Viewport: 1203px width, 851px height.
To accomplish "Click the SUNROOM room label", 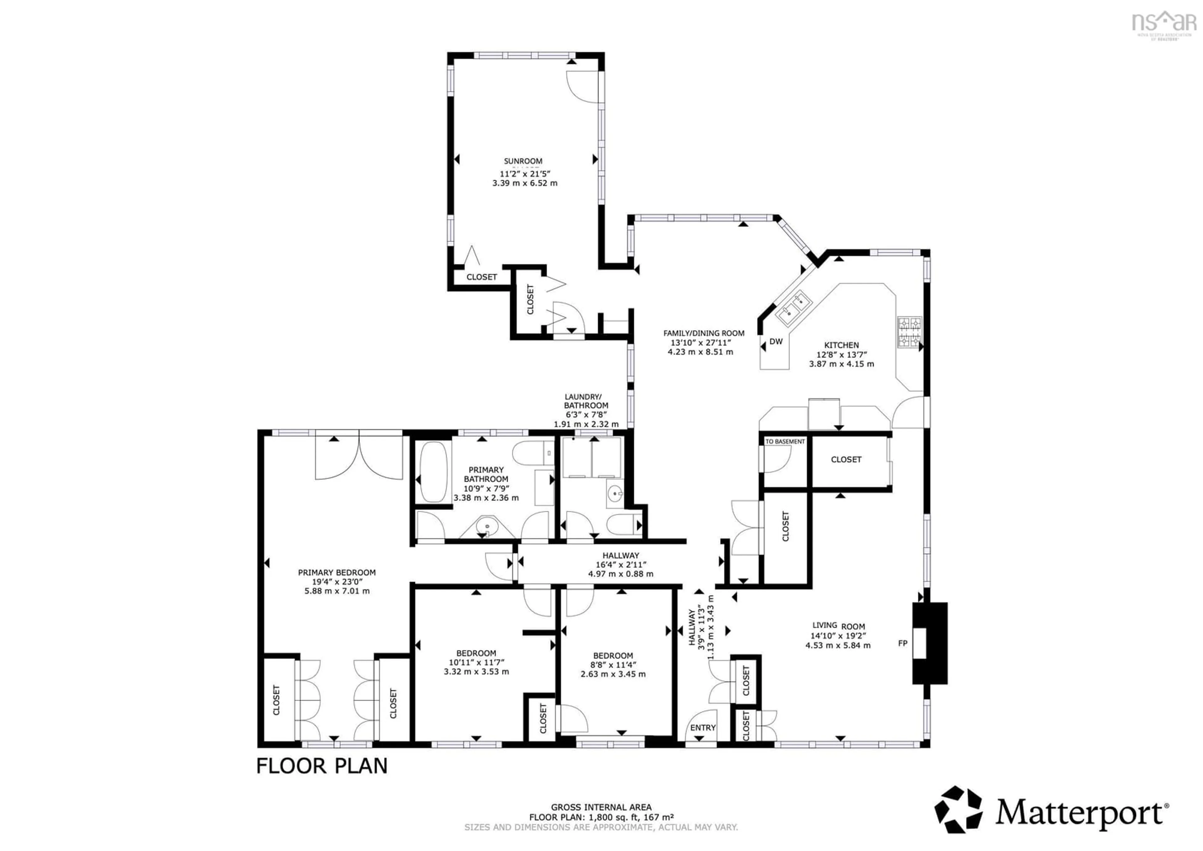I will click(523, 161).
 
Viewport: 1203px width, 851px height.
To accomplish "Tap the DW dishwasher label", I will click(776, 341).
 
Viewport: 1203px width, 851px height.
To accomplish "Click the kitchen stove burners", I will click(910, 332).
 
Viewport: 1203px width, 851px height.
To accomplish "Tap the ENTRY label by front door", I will click(703, 728).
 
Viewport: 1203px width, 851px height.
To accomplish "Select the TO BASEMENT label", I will click(785, 441).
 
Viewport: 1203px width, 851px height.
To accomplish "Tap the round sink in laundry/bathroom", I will click(615, 493).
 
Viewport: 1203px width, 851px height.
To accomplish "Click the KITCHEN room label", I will click(841, 345).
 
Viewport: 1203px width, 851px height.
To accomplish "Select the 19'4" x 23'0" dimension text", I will click(337, 581).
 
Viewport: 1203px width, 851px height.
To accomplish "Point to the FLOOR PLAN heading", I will click(322, 766).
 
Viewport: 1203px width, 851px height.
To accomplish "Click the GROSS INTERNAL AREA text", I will click(601, 807).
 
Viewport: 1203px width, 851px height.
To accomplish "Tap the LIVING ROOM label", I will click(838, 626).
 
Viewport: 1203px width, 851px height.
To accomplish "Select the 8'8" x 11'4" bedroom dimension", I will click(613, 665).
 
